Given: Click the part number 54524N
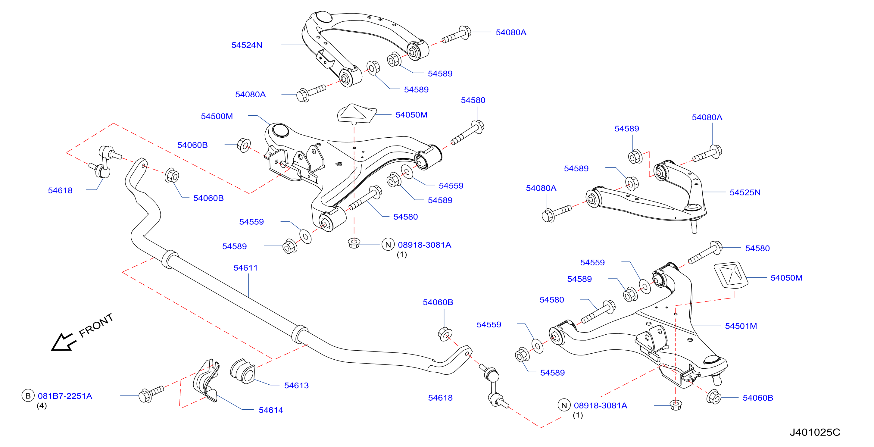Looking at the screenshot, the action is pos(247,45).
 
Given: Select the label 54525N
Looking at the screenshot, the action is pos(745,192).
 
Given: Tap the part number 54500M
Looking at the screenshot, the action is pos(217,116).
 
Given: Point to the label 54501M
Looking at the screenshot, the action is pos(741,326).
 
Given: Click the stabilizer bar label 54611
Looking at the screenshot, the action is pos(246,268).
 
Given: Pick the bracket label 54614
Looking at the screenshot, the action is pos(271,410).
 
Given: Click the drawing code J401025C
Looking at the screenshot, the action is pos(815,433).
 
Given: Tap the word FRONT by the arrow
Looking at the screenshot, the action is pos(96,326).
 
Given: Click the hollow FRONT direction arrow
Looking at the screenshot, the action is pos(63,342).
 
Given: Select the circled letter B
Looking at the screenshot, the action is pos(28,396).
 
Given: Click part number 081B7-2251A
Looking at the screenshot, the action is pos(65,396).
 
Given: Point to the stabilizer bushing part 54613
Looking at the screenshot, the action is pos(242,371).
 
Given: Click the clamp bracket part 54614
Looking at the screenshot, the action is pos(206,380).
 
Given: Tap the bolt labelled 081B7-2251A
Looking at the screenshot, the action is pos(151,394).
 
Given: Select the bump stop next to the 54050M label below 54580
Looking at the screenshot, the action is pos(357,114).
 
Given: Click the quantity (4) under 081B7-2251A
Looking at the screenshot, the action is pos(42,406).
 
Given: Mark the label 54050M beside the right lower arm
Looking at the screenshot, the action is pos(786,278).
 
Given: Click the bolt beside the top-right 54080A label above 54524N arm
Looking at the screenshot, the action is pos(456,35).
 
